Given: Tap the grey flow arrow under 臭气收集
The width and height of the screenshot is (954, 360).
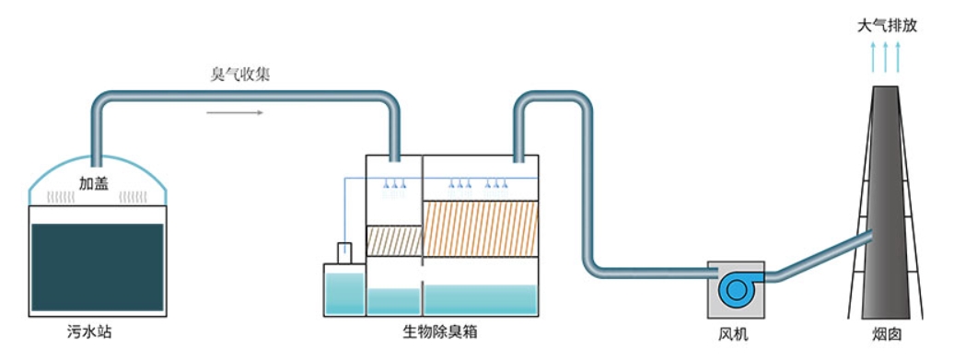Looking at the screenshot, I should tap(235, 113).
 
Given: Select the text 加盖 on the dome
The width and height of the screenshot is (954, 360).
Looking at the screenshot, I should tap(96, 184).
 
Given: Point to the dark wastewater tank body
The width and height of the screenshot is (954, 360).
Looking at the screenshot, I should tap(97, 267).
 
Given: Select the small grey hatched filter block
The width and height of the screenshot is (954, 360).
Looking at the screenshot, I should tap(393, 241).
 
